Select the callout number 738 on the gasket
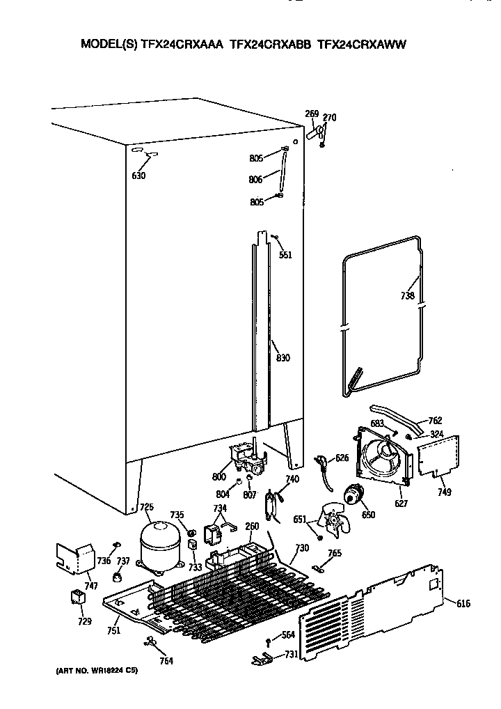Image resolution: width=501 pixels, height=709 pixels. click(408, 296)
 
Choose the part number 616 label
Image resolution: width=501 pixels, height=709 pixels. click(463, 603)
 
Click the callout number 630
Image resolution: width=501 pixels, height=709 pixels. click(138, 176)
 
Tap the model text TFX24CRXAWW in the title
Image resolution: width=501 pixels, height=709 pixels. click(361, 44)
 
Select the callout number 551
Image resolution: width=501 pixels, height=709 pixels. click(285, 255)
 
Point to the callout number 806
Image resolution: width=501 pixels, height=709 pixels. click(255, 179)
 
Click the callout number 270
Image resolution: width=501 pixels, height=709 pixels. click(330, 118)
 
